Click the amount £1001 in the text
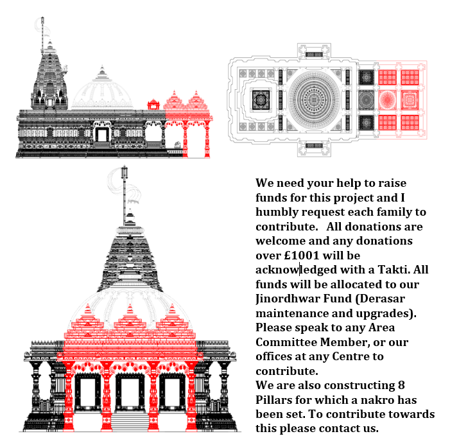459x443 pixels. pyautogui.click(x=302, y=256)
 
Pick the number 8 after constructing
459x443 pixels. pyautogui.click(x=401, y=385)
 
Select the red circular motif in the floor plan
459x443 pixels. pyautogui.click(x=387, y=100)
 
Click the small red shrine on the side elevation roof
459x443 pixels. pyautogui.click(x=153, y=105)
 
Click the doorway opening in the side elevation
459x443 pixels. pyautogui.click(x=102, y=135)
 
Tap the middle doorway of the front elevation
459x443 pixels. pyautogui.click(x=130, y=392)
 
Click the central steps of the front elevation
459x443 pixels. pyautogui.click(x=130, y=422)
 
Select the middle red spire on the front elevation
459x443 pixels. pyautogui.click(x=130, y=318)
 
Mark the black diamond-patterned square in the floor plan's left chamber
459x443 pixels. pyautogui.click(x=261, y=100)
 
